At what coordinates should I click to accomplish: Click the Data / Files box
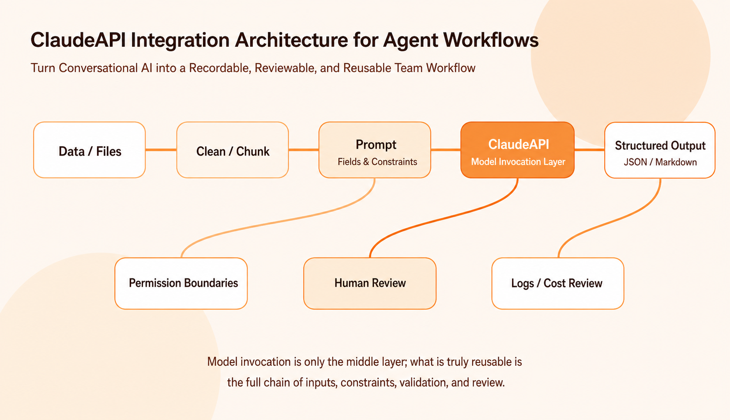(89, 150)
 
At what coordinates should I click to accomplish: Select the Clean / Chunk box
(232, 150)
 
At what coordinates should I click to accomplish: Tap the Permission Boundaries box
(181, 284)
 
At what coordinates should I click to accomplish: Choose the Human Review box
(370, 284)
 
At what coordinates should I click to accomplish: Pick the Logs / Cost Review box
(558, 284)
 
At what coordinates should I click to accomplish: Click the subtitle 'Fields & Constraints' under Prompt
(377, 162)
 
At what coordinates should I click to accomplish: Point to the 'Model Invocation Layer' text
(518, 162)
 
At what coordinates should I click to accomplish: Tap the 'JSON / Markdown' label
(660, 162)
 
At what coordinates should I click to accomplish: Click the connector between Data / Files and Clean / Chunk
(161, 150)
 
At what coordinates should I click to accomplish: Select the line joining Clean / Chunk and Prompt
(304, 150)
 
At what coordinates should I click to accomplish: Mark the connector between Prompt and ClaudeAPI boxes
(446, 150)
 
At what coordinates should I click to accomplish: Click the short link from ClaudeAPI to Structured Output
(590, 150)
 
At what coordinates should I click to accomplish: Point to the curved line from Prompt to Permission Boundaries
(277, 222)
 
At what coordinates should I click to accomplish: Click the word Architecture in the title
(291, 40)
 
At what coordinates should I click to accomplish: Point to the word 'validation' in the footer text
(423, 382)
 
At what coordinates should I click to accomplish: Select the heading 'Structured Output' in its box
(660, 145)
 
